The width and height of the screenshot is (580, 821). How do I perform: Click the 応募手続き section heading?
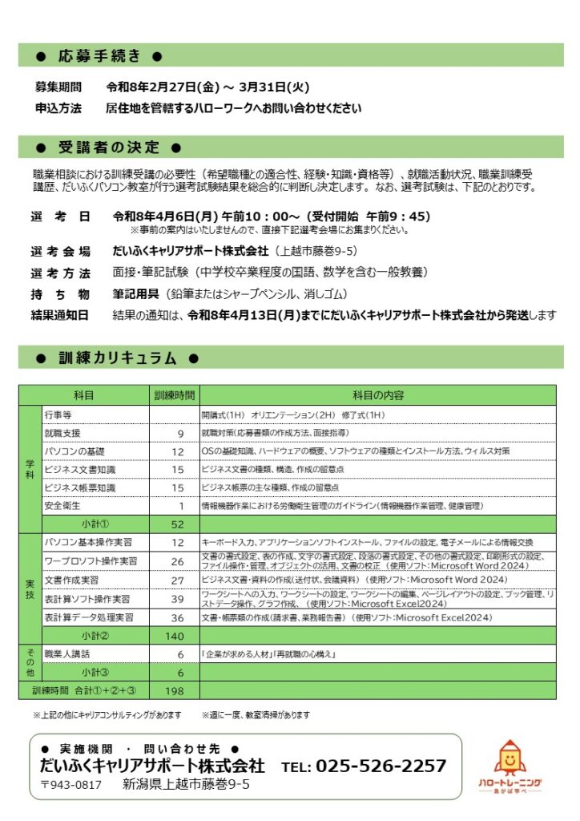tap(99, 56)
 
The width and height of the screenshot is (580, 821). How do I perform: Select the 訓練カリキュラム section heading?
tap(118, 358)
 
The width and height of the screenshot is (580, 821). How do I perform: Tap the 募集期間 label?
tap(58, 87)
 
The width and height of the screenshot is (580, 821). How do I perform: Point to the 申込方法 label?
tap(58, 107)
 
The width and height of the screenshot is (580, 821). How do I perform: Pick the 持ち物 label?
tap(61, 294)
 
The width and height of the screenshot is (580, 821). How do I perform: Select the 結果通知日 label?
tap(61, 315)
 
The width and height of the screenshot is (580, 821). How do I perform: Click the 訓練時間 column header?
tap(175, 395)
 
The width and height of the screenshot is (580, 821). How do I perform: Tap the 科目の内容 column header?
tap(377, 395)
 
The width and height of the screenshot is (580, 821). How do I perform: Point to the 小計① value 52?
tap(178, 524)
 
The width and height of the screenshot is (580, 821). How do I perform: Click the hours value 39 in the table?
tap(178, 599)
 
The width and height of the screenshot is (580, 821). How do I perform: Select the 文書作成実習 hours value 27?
tap(178, 580)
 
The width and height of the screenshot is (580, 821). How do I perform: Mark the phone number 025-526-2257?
tap(381, 766)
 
